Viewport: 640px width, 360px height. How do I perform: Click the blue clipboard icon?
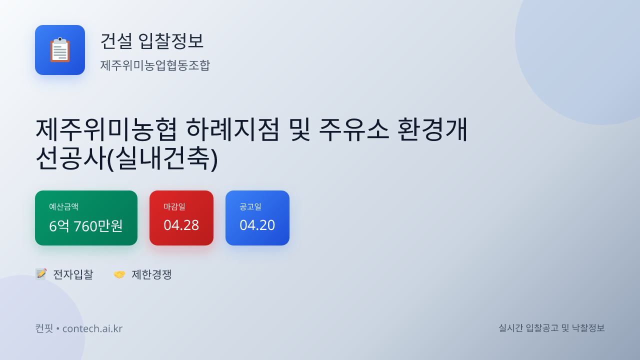coord(60,50)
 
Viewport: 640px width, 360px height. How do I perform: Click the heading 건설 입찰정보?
coord(152,40)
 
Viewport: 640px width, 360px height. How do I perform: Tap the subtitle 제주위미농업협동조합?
coord(155,65)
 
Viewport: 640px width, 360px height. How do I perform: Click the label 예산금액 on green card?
coord(63,206)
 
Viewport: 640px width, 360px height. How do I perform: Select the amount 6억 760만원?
coord(86,226)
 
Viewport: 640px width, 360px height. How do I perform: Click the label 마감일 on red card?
coord(174,206)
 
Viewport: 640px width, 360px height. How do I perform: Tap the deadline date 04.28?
coord(181,225)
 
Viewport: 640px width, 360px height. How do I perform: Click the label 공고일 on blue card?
coord(250,206)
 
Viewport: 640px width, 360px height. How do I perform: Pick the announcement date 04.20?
coord(257,225)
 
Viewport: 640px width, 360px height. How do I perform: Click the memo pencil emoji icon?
coord(41,274)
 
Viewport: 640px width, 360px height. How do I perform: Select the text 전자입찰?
coord(73,274)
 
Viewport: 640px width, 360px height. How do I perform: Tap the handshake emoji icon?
coord(119,274)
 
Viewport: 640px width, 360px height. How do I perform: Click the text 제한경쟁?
coord(151,274)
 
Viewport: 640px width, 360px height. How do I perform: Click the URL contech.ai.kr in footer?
coord(92,328)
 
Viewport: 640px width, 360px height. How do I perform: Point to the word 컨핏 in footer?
coord(43,328)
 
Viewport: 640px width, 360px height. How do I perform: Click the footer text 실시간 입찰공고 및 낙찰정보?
coord(551,328)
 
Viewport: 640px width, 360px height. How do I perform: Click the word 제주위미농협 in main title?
coord(106,129)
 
